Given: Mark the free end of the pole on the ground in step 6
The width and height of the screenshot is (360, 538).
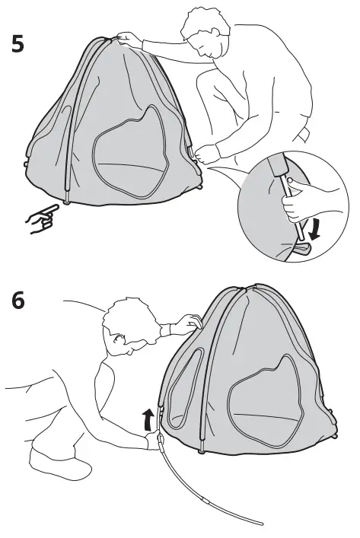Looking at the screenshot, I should (x=260, y=524).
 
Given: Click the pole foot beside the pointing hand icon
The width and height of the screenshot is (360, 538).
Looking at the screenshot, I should (x=68, y=199).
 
